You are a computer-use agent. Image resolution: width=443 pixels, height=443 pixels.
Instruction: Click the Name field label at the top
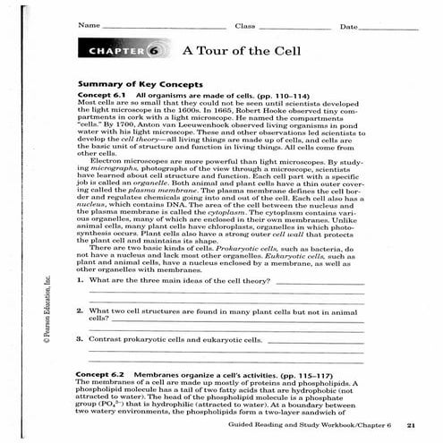[88, 26]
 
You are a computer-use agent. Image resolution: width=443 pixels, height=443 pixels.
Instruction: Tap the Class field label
[245, 26]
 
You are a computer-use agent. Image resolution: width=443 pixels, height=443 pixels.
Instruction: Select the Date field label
[348, 26]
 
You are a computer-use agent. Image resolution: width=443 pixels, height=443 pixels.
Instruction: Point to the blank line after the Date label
[389, 28]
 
